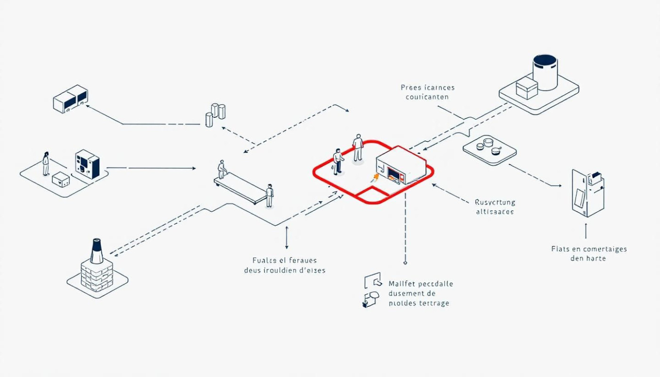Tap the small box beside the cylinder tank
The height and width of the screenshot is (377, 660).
[x=527, y=89]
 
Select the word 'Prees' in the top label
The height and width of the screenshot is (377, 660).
[x=411, y=88]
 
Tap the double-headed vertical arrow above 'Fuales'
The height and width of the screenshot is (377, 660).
[x=287, y=237]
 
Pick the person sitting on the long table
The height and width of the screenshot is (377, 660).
[x=221, y=169]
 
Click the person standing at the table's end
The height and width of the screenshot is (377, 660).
[x=269, y=195]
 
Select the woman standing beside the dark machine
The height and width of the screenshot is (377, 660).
[x=46, y=163]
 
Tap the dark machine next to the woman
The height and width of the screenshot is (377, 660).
[x=87, y=164]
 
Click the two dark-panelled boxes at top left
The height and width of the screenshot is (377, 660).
[x=71, y=98]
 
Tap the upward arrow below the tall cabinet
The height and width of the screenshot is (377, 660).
[x=586, y=230]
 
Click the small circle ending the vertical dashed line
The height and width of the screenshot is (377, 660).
[x=405, y=262]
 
